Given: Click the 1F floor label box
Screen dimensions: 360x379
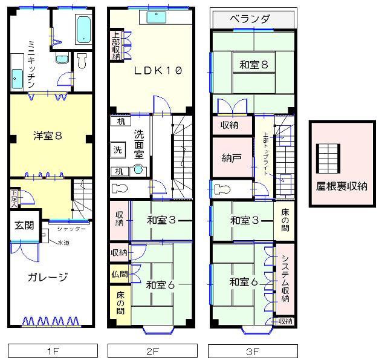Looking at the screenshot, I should tap(53, 350).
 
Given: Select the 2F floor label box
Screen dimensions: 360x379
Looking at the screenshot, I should tap(152, 350).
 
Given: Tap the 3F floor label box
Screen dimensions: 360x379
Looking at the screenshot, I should tap(253, 350).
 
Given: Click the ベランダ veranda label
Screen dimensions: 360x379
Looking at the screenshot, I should tap(253, 19).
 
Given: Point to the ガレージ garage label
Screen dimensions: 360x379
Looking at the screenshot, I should tap(48, 277).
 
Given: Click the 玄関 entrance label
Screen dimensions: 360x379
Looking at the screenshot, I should tap(24, 225).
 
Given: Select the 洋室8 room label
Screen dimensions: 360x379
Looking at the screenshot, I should tap(48, 136).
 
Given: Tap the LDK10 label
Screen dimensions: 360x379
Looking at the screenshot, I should tap(158, 70).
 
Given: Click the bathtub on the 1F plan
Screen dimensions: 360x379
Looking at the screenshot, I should tap(83, 27).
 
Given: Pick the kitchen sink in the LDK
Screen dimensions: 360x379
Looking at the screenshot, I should tap(159, 18).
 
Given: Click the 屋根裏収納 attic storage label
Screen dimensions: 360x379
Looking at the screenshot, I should tap(342, 186).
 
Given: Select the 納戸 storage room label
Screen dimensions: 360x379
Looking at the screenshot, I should tap(232, 159).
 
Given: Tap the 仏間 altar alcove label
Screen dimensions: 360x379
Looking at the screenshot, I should tap(120, 273).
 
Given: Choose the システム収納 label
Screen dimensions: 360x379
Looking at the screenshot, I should tap(285, 279).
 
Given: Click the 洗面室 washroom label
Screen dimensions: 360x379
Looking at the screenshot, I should tap(139, 144).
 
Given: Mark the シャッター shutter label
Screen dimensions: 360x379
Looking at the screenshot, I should tap(72, 229).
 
